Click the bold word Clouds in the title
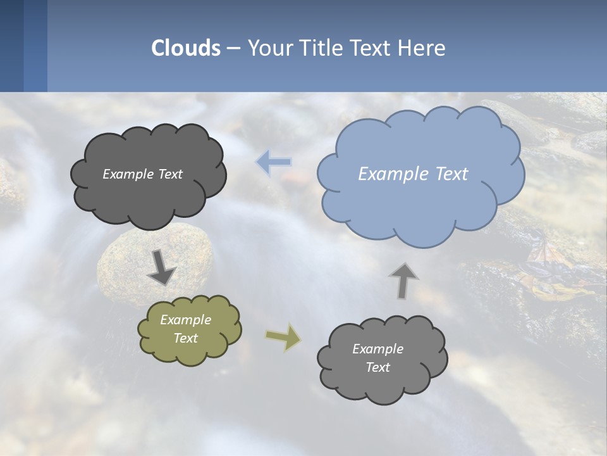186,47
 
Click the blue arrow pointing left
274,162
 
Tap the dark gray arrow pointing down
162,267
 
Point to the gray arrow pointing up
403,280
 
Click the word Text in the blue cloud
452,174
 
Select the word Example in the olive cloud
186,320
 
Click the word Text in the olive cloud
186,338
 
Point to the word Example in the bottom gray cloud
377,349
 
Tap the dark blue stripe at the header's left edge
11,46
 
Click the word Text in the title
375,47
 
